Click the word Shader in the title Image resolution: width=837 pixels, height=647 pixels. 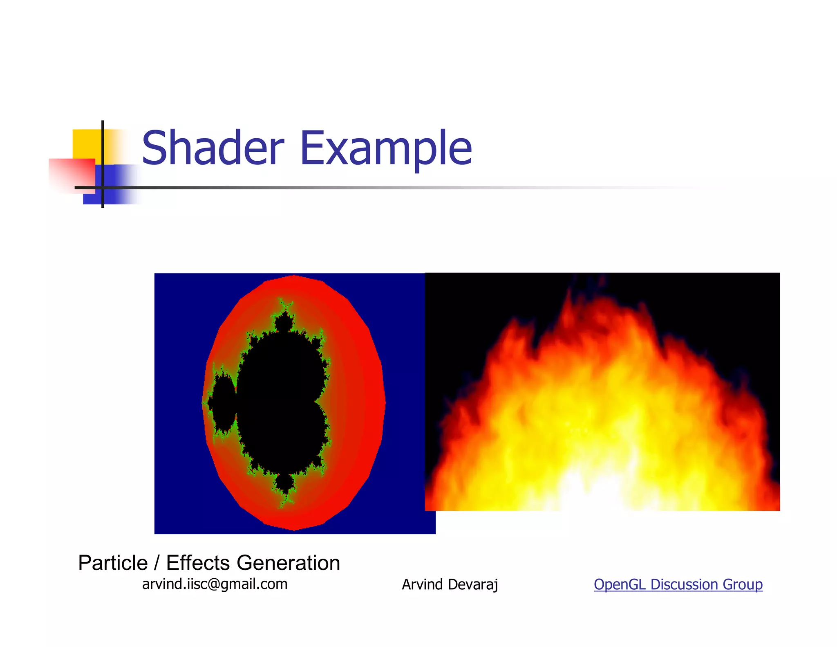click(213, 148)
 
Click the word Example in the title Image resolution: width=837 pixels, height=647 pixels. click(386, 148)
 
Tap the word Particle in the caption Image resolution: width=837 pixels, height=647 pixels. click(113, 563)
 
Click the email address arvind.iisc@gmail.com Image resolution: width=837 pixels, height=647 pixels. click(215, 584)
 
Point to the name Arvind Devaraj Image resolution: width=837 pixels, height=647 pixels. click(450, 584)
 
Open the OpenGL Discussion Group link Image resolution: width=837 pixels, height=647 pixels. click(678, 584)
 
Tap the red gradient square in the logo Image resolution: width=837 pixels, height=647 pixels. click(72, 174)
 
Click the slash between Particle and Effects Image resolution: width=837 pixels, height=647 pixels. click(157, 563)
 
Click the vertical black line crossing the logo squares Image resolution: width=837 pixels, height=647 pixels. click(103, 164)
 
